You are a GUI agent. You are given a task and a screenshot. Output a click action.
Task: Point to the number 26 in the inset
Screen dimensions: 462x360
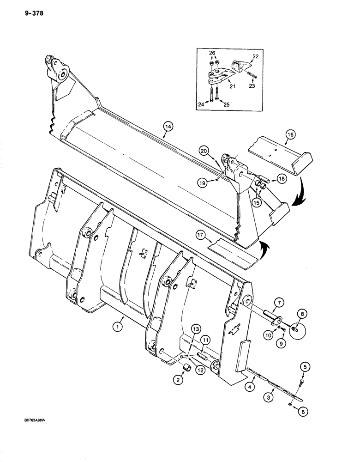[x=212, y=53]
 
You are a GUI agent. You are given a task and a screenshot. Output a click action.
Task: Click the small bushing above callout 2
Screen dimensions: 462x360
[x=188, y=368]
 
